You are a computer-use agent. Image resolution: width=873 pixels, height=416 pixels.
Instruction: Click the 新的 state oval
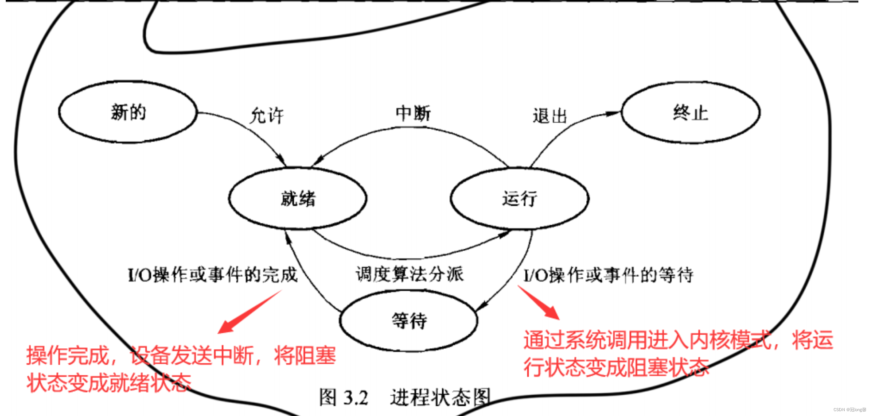128,112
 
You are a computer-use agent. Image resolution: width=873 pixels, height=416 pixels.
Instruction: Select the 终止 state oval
690,112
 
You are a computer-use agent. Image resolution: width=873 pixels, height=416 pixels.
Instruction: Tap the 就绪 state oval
298,198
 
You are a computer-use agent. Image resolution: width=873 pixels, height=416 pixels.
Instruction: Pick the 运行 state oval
519,198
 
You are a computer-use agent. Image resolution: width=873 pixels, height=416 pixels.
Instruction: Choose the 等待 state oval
409,320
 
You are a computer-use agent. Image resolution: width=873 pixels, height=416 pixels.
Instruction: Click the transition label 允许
266,116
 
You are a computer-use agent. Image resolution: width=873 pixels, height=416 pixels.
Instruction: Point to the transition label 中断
413,113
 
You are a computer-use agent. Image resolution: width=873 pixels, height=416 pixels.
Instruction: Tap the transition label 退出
550,116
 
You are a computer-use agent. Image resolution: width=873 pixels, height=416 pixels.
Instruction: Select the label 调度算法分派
409,274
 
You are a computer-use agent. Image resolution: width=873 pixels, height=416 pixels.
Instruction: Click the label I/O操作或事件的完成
212,275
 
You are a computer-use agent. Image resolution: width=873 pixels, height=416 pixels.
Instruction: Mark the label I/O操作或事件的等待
608,275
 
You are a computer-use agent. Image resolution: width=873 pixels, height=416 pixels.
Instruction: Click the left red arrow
248,312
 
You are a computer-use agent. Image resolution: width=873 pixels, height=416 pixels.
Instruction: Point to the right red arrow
539,303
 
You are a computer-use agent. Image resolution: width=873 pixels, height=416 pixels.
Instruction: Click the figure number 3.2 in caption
356,397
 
